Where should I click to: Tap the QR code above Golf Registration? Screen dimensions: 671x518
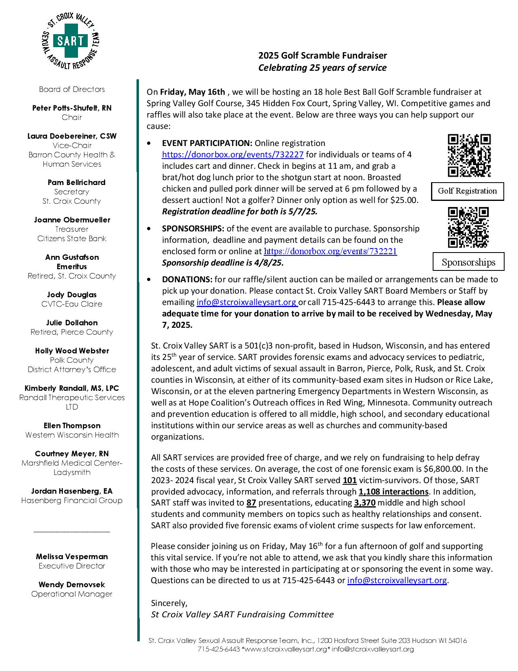469,155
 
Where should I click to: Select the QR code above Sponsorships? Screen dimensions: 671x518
468,227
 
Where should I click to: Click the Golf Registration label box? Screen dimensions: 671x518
467,191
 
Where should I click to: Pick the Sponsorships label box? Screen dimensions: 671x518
468,262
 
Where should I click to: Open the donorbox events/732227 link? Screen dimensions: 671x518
233,155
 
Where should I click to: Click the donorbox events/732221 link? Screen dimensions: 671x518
330,251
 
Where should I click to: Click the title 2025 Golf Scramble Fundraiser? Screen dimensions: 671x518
323,55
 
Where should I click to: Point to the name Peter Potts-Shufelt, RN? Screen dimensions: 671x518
72,108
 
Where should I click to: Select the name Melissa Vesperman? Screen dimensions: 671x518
72,557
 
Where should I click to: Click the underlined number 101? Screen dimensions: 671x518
350,480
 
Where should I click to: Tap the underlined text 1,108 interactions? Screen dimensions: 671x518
393,492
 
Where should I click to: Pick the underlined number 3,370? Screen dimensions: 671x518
364,503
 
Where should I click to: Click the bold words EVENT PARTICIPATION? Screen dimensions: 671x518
207,143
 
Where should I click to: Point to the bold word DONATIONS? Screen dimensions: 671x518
187,279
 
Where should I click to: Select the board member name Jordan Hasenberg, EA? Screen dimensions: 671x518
72,491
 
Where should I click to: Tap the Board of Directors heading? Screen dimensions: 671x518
72,89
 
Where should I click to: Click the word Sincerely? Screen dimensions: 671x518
169,603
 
